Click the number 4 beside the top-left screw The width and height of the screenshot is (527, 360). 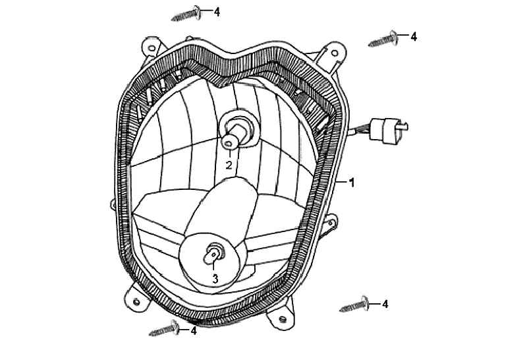click(x=217, y=11)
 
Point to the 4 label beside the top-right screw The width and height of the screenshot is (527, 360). click(x=413, y=36)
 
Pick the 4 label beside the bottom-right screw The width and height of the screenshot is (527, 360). click(x=385, y=304)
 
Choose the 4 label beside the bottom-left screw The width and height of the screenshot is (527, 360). click(x=194, y=330)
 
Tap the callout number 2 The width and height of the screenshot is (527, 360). click(x=229, y=165)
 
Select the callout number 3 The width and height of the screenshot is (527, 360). click(x=215, y=279)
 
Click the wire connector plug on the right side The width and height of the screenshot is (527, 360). click(x=388, y=127)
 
